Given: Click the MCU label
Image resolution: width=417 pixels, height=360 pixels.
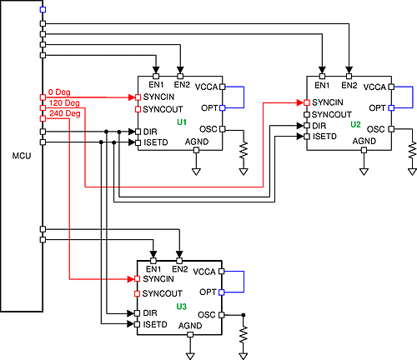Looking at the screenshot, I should click(22, 156).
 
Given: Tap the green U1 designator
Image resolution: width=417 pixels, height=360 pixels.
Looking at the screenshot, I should click(182, 122).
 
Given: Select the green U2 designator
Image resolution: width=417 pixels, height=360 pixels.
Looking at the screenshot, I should click(355, 124).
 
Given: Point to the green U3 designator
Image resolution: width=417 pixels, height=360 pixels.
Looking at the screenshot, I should click(182, 307).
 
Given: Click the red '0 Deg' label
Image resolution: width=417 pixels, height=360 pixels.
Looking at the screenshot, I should click(58, 92).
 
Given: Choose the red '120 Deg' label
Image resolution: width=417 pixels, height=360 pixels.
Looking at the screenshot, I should click(63, 102).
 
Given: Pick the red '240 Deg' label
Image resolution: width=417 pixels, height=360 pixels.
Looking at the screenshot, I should click(63, 113).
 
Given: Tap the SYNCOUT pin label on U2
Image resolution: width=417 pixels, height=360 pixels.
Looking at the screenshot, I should click(331, 113).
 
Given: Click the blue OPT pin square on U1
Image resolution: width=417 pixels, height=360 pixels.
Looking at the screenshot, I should click(223, 108).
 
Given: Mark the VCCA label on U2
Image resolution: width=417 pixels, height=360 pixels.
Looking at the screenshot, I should click(375, 87).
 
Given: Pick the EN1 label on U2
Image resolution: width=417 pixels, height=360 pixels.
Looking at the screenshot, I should click(322, 87).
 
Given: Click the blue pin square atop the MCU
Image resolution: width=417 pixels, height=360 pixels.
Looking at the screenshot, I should click(43, 10).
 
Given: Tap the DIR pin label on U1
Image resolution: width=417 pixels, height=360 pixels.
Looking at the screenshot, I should click(150, 132).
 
